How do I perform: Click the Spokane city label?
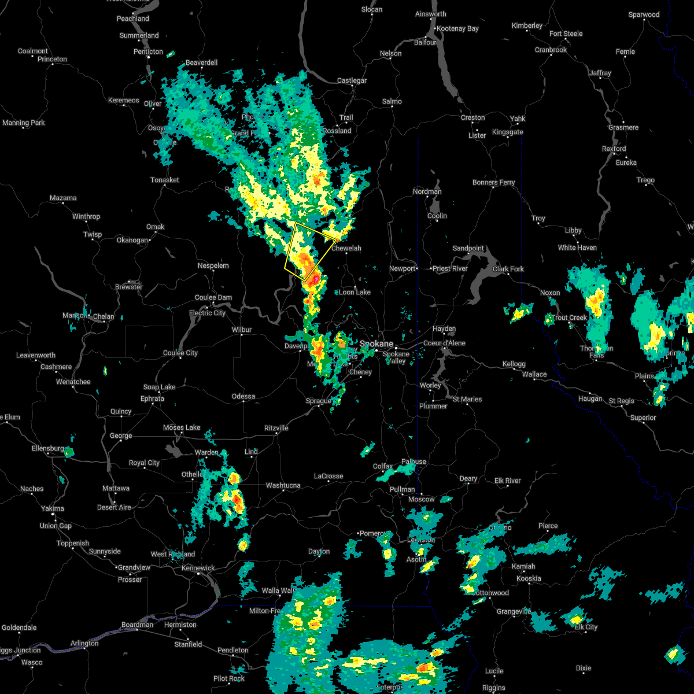(376, 344)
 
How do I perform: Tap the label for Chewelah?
(346, 249)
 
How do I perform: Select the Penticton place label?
(148, 51)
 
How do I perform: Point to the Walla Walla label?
(278, 590)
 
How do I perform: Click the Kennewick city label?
(198, 568)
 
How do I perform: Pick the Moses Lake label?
(182, 427)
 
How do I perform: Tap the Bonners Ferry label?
(493, 182)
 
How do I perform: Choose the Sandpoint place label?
(468, 248)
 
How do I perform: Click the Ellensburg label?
(48, 448)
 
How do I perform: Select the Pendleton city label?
(233, 650)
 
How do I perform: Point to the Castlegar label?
(352, 80)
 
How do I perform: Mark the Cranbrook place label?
(551, 50)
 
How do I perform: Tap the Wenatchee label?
(73, 382)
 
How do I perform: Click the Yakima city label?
(53, 508)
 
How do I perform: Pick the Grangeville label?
(513, 611)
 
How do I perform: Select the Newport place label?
(402, 268)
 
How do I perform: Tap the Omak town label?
(155, 227)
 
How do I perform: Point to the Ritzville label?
(276, 428)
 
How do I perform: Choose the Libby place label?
(573, 230)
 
